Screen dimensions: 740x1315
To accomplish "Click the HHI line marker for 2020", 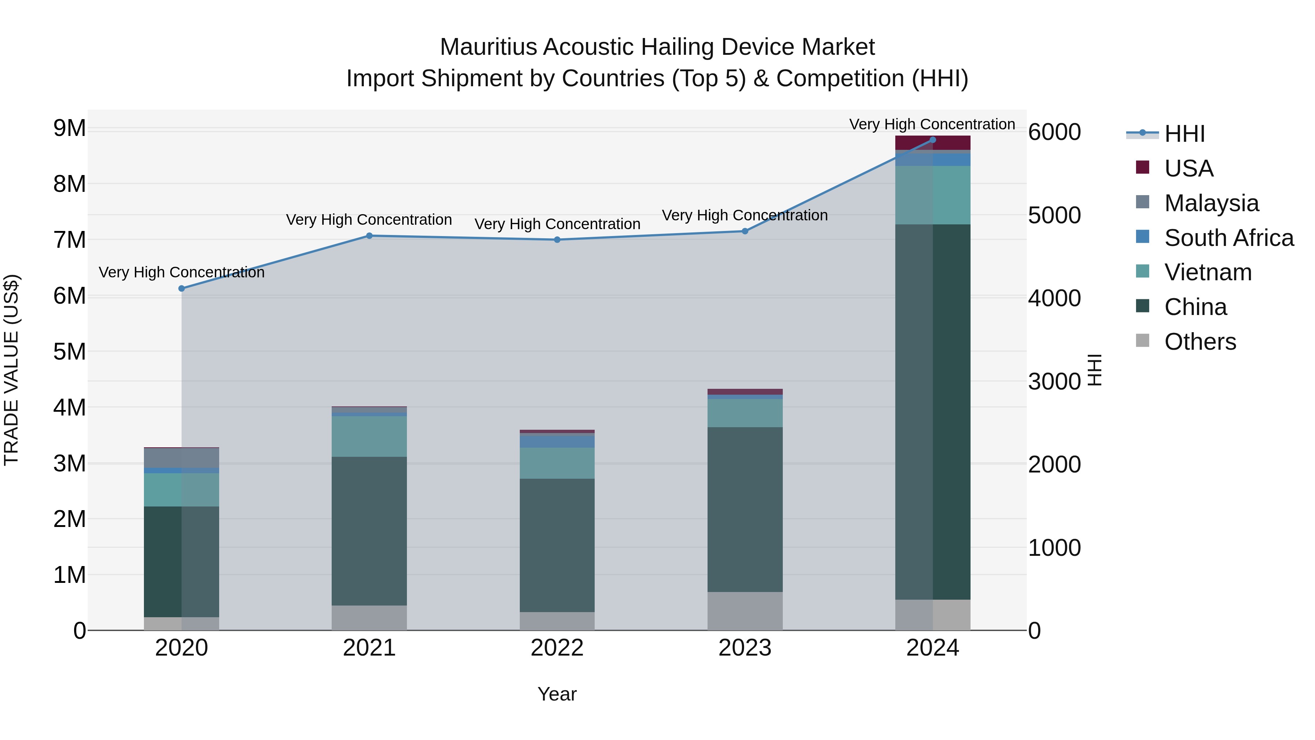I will (x=182, y=289).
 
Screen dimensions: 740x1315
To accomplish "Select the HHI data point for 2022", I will (x=557, y=239).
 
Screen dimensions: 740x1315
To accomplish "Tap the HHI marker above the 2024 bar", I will (x=933, y=140).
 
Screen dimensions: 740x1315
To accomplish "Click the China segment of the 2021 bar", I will (x=369, y=531).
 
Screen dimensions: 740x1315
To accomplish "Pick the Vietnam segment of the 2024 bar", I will (x=933, y=195).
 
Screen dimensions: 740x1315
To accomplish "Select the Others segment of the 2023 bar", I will (x=745, y=611).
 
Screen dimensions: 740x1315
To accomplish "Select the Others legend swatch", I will (x=1143, y=341).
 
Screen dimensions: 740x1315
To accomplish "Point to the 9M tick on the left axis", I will (x=69, y=128).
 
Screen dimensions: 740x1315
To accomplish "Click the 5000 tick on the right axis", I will (x=1054, y=215).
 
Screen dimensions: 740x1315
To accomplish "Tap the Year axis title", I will (x=557, y=694).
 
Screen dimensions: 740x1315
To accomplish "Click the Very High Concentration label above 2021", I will (x=369, y=220).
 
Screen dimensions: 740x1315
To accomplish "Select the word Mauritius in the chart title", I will (x=488, y=47).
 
